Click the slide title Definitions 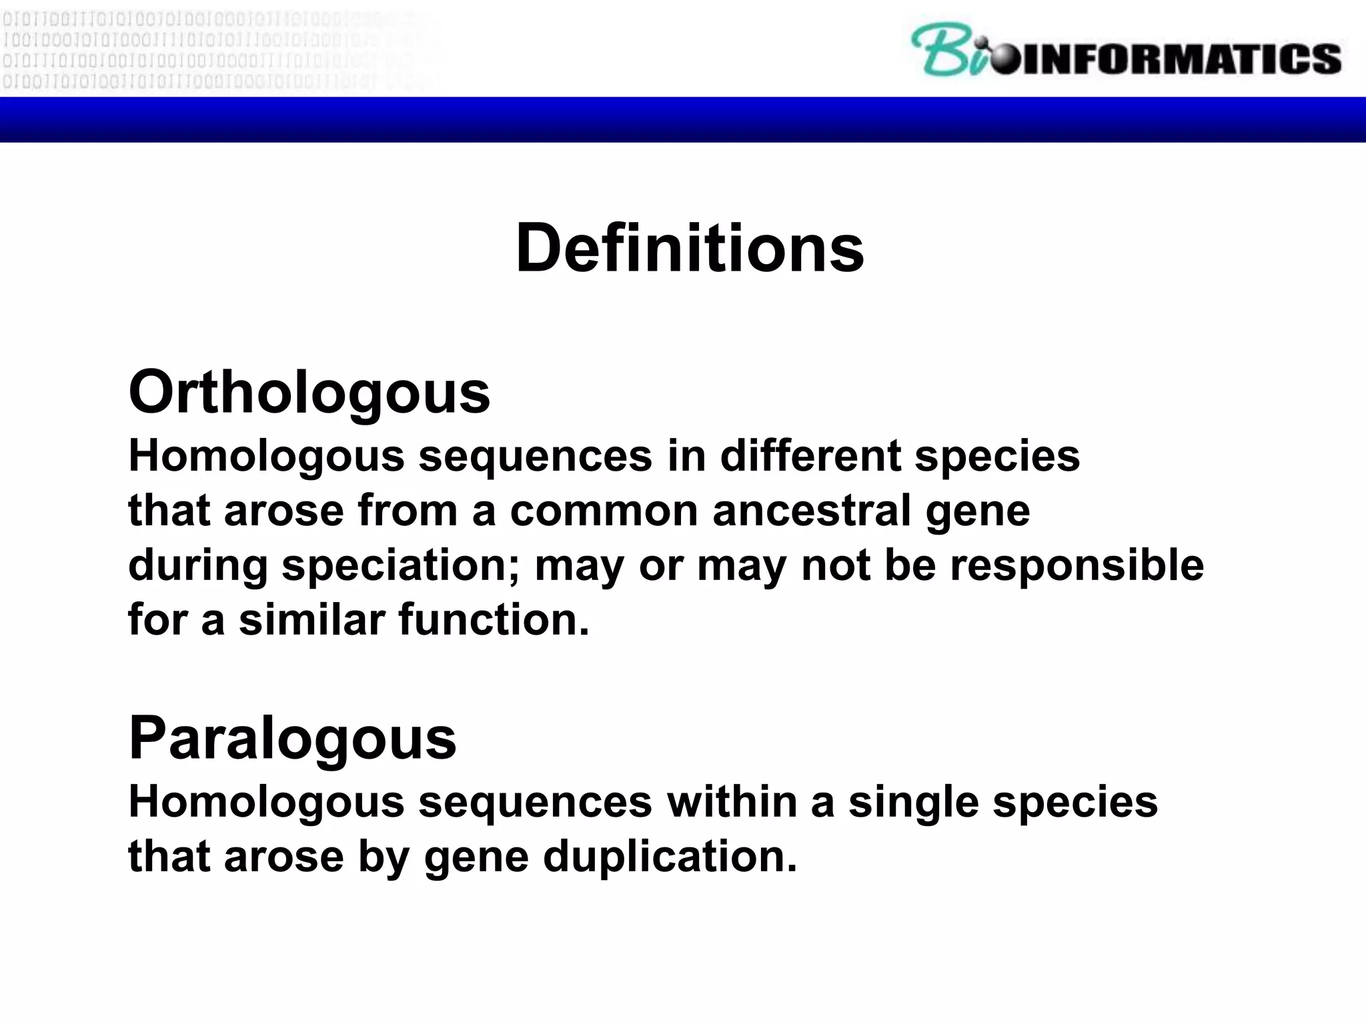point(689,248)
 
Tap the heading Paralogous point(292,738)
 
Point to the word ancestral point(811,511)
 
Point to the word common point(604,512)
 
